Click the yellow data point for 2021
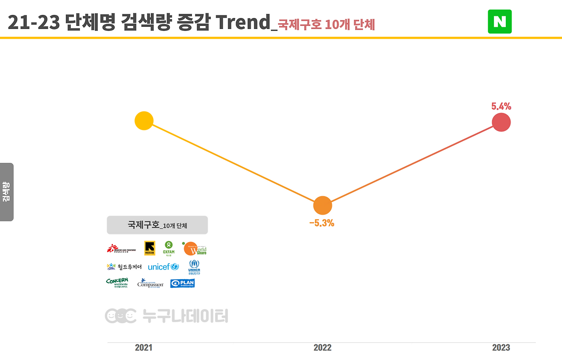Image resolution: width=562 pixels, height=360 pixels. [x=144, y=121]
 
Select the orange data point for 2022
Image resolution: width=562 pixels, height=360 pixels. [x=323, y=205]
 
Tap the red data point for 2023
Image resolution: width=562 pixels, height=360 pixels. [x=501, y=122]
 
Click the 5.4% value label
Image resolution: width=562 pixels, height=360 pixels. [x=501, y=106]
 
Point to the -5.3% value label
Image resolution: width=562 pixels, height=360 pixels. [x=322, y=223]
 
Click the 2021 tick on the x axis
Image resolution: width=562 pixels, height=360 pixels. [x=144, y=348]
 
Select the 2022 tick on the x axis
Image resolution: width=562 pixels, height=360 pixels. [x=322, y=348]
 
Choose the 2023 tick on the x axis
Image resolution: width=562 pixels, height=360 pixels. [x=501, y=348]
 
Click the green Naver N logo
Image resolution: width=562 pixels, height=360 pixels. [x=500, y=22]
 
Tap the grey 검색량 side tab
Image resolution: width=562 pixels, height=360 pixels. [x=7, y=192]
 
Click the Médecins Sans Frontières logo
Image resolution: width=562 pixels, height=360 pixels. [x=121, y=249]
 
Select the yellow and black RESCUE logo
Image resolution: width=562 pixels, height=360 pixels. [x=150, y=248]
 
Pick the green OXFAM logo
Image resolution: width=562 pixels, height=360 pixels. [x=169, y=248]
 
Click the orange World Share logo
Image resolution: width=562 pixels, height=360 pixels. [x=195, y=248]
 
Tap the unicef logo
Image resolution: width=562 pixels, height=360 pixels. [x=163, y=267]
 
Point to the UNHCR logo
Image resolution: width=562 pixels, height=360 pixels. [x=194, y=267]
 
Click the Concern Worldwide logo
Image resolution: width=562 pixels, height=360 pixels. [x=117, y=283]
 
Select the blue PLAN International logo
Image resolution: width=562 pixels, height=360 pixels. [x=182, y=283]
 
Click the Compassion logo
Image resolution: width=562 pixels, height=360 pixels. [x=150, y=283]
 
